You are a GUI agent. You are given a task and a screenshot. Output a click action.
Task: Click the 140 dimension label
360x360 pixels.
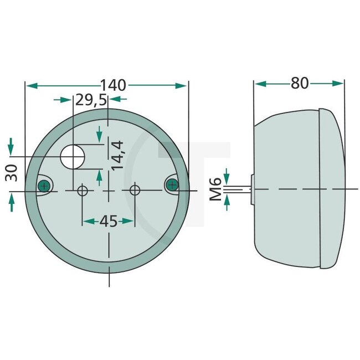pyautogui.click(x=113, y=85)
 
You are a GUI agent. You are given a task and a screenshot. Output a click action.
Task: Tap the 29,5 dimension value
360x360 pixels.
pyautogui.click(x=91, y=100)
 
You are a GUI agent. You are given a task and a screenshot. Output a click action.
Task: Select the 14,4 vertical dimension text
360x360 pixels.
pyautogui.click(x=117, y=156)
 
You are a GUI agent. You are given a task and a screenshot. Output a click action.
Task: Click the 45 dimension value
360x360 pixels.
pyautogui.click(x=109, y=221)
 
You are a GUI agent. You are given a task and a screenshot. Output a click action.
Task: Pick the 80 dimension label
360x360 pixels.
pyautogui.click(x=299, y=83)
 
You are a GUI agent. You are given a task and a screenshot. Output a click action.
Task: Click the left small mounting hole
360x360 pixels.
pyautogui.click(x=83, y=191)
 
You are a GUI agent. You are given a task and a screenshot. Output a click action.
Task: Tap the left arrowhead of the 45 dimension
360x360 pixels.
pyautogui.click(x=88, y=221)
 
